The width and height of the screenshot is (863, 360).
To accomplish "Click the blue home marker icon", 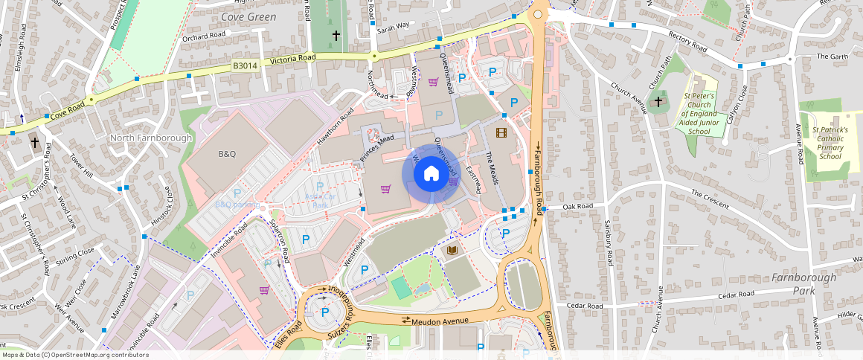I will tap(431, 174).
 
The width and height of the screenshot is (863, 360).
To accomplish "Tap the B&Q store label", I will tap(227, 154).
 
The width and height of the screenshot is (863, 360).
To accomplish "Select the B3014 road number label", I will tap(245, 65).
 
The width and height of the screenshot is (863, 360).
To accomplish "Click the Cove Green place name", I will tap(248, 16).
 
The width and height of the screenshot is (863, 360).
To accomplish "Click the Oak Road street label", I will tap(577, 206).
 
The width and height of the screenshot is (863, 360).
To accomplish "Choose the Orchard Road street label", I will tap(204, 36).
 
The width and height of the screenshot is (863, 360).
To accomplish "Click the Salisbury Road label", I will tap(609, 245).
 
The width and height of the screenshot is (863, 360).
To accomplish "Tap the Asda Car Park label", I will tap(321, 200).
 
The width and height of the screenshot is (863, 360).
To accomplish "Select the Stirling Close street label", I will tap(76, 257).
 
